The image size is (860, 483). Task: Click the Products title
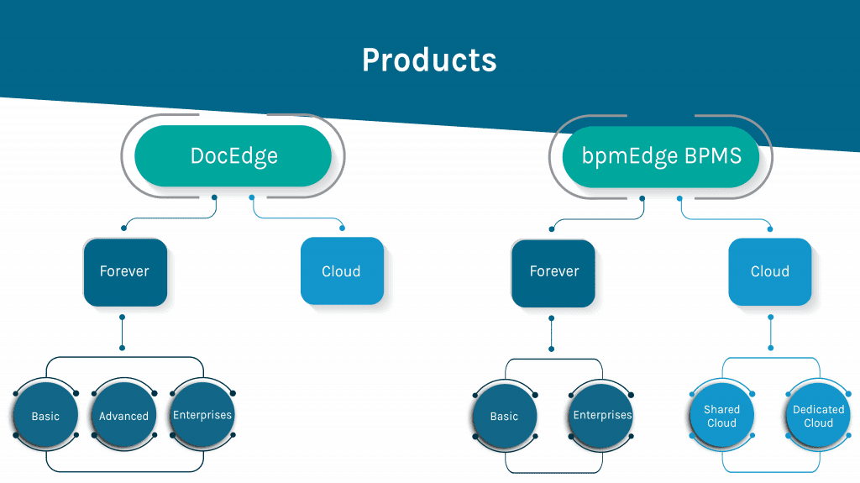coord(429,60)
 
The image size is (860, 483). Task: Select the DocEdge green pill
coord(233,156)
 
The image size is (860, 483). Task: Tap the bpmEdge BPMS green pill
coord(661,156)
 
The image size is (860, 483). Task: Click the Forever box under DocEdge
coord(125,272)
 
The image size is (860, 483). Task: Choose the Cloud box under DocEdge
coord(343,271)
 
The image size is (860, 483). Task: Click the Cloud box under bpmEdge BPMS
coord(770,271)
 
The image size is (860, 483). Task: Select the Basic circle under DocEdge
coord(45,415)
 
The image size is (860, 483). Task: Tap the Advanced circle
coord(124,415)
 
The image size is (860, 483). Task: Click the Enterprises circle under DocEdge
coord(202,415)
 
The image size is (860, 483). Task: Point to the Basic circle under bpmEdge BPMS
coord(505,416)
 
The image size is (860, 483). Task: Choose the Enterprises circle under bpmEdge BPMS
coord(601,416)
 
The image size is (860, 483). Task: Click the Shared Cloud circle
coord(721,416)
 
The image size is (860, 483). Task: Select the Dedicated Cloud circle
coord(818,416)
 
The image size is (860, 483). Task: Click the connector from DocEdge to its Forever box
coord(169,218)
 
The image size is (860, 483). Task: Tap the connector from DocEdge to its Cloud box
coord(296,218)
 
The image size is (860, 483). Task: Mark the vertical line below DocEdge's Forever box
coord(123,333)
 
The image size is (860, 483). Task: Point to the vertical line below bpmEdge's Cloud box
coord(771,333)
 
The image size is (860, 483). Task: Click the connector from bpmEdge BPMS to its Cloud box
coord(725,219)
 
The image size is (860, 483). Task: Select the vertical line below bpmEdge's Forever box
coord(551,333)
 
